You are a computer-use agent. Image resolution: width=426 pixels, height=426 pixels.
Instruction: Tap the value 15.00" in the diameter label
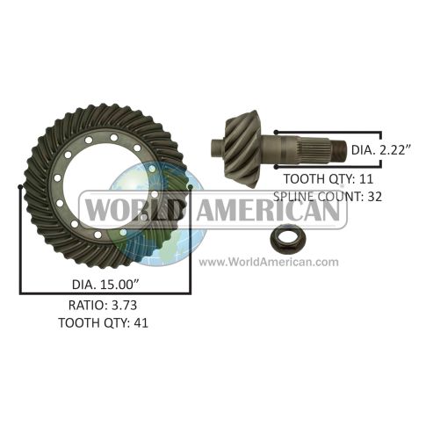(119, 285)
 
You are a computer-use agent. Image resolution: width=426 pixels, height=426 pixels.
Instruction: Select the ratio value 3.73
(124, 306)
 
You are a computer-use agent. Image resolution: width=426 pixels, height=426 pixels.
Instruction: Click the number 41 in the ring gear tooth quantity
(141, 323)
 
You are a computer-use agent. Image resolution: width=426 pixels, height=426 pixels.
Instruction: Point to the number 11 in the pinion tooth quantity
(366, 179)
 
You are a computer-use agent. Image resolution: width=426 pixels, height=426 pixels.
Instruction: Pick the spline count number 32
(374, 197)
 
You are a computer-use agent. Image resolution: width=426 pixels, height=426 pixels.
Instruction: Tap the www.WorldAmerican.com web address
(269, 262)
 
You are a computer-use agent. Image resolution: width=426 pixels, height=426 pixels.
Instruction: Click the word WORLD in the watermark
(133, 210)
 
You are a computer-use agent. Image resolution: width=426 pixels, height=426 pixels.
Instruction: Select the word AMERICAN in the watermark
(268, 210)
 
